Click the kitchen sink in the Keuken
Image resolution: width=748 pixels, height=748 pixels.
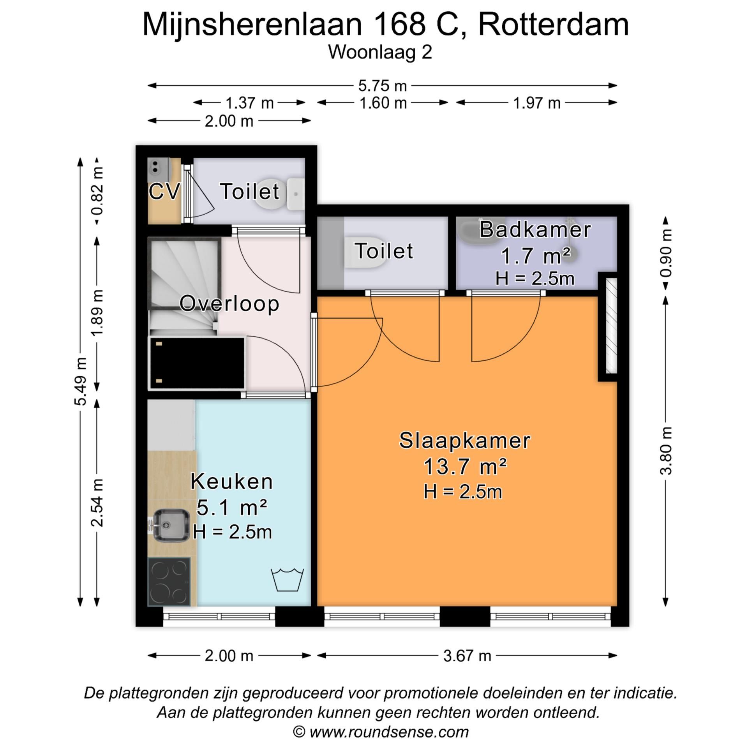tap(171, 525)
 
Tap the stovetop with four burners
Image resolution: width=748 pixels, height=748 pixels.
tap(169, 582)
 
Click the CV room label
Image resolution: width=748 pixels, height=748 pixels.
tap(164, 191)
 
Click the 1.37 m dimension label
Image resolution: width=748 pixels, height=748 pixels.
tap(249, 103)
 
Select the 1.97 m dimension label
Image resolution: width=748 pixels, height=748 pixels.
tap(536, 103)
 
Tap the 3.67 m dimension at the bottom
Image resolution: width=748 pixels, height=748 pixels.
tap(467, 656)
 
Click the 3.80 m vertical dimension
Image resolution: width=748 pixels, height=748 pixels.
tap(666, 451)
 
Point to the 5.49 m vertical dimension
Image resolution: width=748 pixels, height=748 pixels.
tap(80, 381)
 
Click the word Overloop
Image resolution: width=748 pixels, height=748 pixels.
tap(229, 303)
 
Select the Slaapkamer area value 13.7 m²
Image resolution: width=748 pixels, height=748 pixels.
tap(464, 466)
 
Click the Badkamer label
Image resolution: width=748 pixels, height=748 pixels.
tap(535, 229)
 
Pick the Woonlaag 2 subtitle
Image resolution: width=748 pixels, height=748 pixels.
tap(380, 52)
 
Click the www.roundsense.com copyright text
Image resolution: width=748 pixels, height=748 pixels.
tap(381, 732)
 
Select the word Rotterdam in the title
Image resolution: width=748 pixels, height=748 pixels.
tap(553, 24)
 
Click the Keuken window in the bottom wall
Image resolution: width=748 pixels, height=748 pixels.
tap(219, 616)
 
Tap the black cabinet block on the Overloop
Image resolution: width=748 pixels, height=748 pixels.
tap(198, 363)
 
